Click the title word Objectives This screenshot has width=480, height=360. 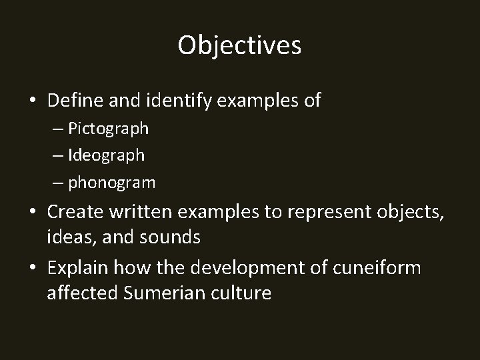[x=240, y=45]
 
